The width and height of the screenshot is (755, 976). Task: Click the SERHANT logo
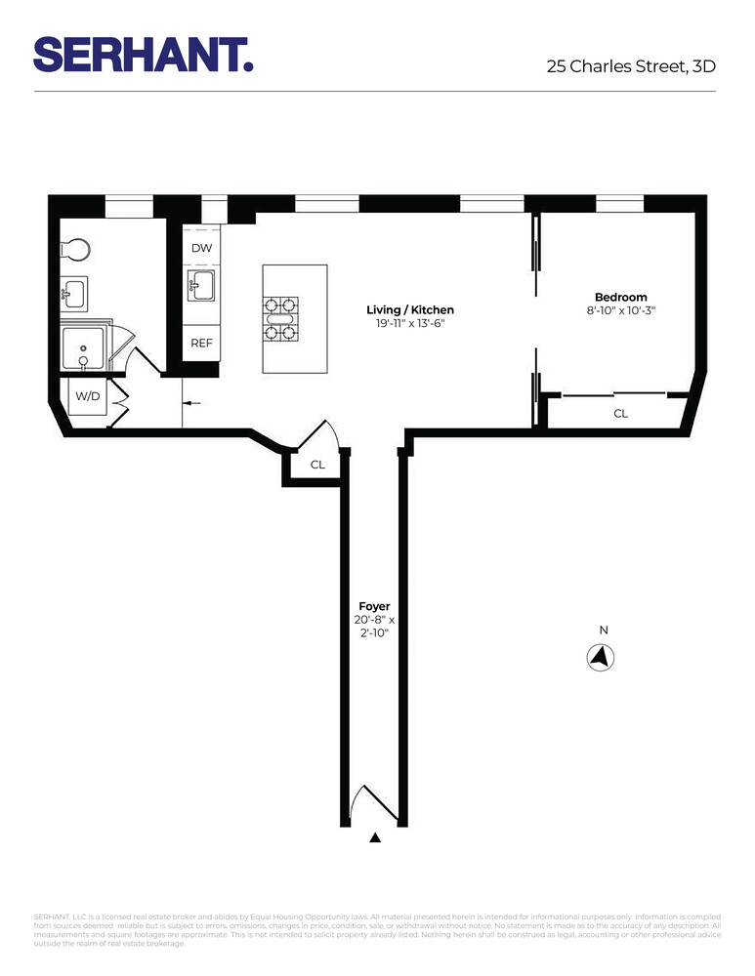click(x=144, y=54)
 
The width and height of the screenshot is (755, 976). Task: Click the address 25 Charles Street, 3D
click(x=631, y=67)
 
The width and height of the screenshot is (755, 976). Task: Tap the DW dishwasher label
click(x=201, y=248)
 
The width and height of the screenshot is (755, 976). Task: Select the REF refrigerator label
click(x=201, y=343)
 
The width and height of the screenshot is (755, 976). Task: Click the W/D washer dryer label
click(x=88, y=396)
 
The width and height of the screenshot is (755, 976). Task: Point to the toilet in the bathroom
click(x=76, y=250)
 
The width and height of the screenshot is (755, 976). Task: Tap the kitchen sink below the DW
click(x=201, y=289)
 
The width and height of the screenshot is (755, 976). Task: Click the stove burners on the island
click(x=279, y=318)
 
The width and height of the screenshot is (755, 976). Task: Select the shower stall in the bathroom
click(x=83, y=347)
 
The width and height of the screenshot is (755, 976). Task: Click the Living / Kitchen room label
click(x=410, y=310)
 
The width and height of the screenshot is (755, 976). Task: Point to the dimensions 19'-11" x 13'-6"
click(x=410, y=324)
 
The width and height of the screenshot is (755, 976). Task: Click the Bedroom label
click(x=620, y=298)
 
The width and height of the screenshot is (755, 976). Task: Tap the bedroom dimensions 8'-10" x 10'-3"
click(x=620, y=311)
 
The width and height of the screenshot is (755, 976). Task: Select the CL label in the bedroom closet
click(x=620, y=414)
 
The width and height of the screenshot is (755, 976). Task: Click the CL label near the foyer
click(x=317, y=466)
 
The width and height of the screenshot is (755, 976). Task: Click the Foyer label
click(x=373, y=606)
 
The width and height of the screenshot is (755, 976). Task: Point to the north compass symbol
click(x=602, y=659)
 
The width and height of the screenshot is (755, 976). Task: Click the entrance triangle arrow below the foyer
click(x=374, y=837)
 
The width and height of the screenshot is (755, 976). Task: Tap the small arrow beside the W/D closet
click(x=190, y=402)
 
